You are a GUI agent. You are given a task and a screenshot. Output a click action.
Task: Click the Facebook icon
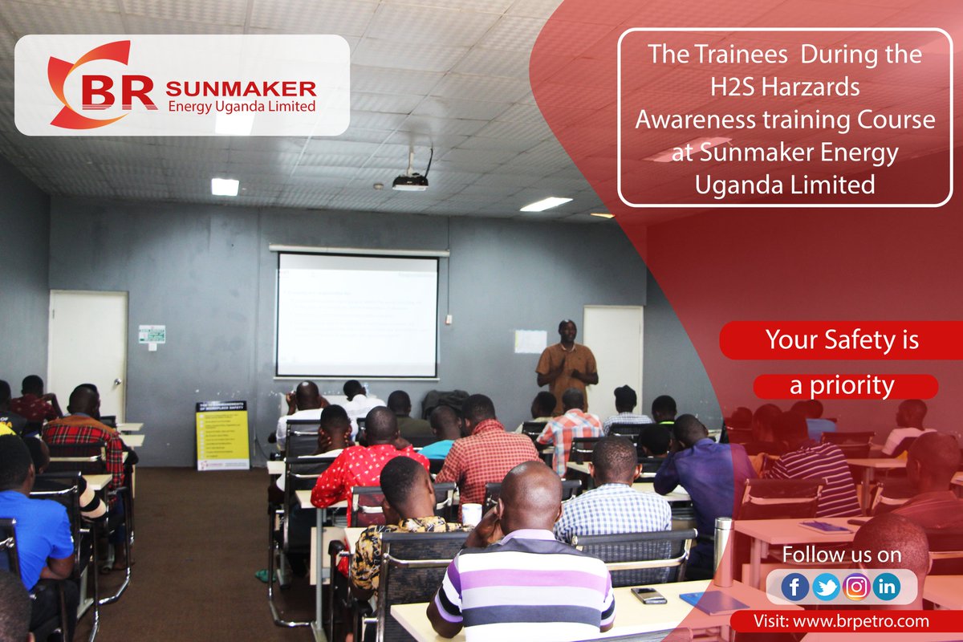tap(794, 587)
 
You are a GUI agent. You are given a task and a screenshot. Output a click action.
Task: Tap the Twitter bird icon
tap(826, 587)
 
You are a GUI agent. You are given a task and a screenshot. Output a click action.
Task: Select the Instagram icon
tap(856, 587)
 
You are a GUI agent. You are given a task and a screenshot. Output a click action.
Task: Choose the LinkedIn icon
tap(887, 587)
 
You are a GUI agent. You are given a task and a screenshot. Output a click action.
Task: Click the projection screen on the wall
tap(357, 315)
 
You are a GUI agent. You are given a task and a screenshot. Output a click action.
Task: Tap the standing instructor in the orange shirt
tap(567, 365)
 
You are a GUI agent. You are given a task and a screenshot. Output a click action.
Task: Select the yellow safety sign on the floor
tap(222, 436)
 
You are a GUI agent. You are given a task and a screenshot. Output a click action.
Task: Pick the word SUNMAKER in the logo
tap(241, 88)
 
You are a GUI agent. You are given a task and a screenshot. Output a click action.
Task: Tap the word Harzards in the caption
tap(818, 88)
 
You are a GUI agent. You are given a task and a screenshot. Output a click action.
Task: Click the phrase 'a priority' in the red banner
tap(842, 386)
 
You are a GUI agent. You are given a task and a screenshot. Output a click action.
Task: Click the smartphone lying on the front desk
tap(648, 595)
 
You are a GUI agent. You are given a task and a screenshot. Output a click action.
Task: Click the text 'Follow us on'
tap(841, 555)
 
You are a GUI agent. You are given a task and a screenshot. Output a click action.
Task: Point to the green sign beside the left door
tap(152, 334)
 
